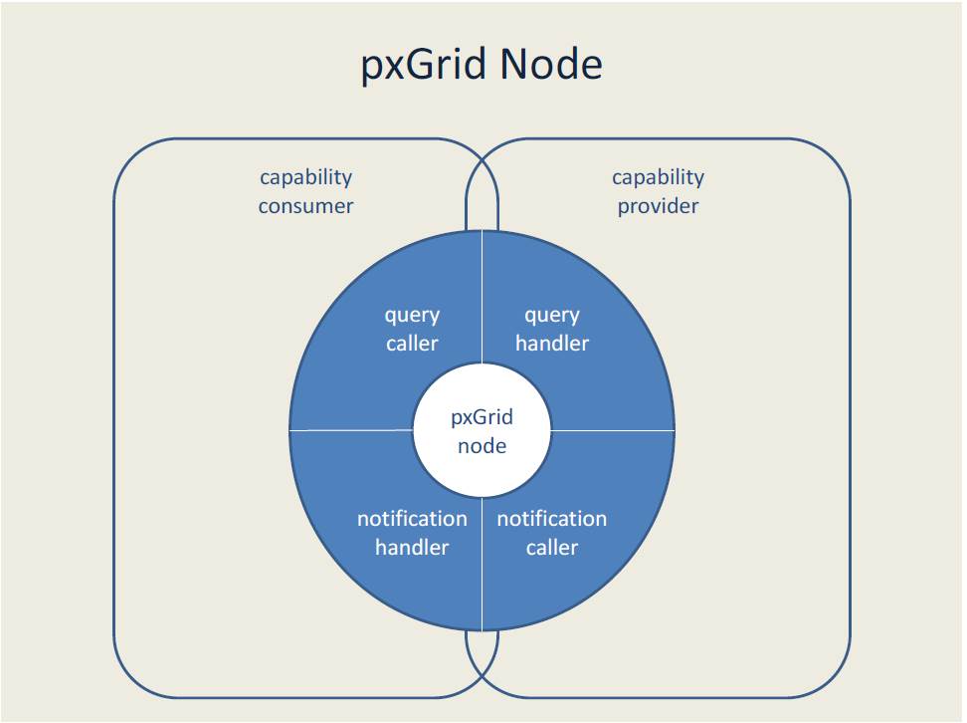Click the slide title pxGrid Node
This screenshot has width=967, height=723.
[x=482, y=65]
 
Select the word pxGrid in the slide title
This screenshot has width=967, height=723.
[x=424, y=66]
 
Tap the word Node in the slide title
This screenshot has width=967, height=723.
[x=551, y=65]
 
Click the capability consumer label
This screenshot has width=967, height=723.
[x=305, y=191]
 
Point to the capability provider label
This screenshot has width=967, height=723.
[x=658, y=191]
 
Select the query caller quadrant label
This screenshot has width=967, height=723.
[x=412, y=329]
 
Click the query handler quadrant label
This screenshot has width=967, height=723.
[x=552, y=329]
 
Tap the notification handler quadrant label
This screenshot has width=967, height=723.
[x=412, y=533]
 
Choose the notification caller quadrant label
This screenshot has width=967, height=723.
[x=552, y=533]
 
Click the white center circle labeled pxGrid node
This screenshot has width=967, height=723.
[x=482, y=431]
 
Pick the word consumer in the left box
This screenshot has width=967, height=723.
[x=305, y=206]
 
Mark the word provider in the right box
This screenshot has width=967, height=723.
[x=658, y=206]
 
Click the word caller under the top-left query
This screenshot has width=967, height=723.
[x=412, y=344]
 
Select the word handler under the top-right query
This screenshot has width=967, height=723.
[x=552, y=344]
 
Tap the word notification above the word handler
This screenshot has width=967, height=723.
[x=412, y=519]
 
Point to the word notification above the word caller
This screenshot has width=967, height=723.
[x=552, y=519]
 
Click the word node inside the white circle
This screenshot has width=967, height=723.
[x=482, y=446]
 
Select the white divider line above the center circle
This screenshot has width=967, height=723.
[x=483, y=299]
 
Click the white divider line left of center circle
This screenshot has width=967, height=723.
[x=348, y=431]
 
